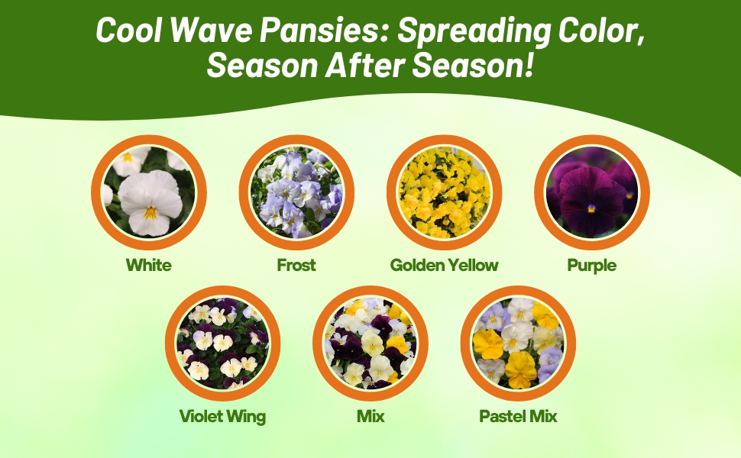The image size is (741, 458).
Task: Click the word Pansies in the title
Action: point(323,31)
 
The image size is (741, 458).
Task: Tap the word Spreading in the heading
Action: point(473,31)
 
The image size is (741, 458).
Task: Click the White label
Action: point(149,265)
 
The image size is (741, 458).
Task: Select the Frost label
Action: point(296,265)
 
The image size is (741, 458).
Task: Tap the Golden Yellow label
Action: point(445,265)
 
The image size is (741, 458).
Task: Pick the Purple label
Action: point(592,266)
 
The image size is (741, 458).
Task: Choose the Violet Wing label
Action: point(222,417)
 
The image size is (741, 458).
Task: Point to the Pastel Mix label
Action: point(518,416)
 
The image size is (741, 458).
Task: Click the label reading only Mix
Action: point(370,416)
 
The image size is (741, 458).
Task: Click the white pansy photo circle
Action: point(149,192)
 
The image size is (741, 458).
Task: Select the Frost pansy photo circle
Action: point(296,192)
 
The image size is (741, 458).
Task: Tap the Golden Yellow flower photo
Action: point(445,192)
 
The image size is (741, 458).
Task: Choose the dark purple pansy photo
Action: point(592,192)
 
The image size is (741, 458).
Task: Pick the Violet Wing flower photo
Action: point(222,343)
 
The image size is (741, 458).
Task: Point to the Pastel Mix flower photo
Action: point(518,343)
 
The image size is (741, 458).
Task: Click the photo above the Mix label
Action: point(370,343)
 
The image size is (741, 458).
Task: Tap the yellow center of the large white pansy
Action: point(150,214)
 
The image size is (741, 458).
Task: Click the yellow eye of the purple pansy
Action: point(591,208)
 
